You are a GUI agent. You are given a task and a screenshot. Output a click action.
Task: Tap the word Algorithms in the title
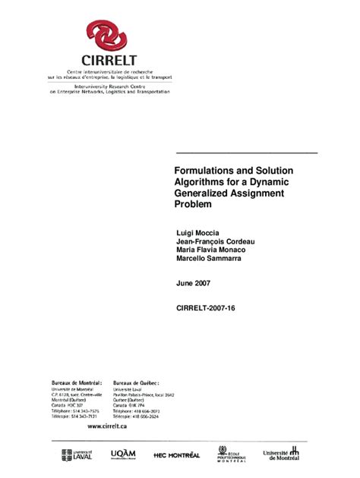click(198, 183)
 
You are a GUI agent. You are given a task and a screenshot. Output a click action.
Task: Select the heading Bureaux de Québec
click(139, 382)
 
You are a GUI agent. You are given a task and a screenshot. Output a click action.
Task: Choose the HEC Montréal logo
click(176, 454)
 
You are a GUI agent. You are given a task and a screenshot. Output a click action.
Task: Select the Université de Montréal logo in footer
click(281, 454)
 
